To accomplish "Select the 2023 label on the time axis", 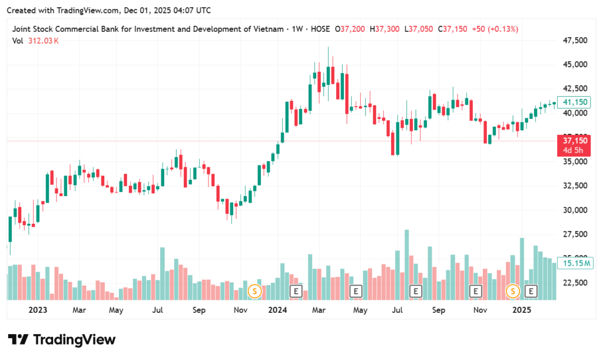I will coord(37,309).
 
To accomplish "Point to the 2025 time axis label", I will coord(522,309).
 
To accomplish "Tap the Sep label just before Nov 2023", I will coord(199,309).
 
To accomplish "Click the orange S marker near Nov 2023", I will coord(254,290).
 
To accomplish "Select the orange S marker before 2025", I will coord(513,290).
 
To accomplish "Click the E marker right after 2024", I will coord(296,290).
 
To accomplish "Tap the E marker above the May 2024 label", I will coord(355,290).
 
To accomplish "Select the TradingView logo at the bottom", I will coord(61,339).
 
